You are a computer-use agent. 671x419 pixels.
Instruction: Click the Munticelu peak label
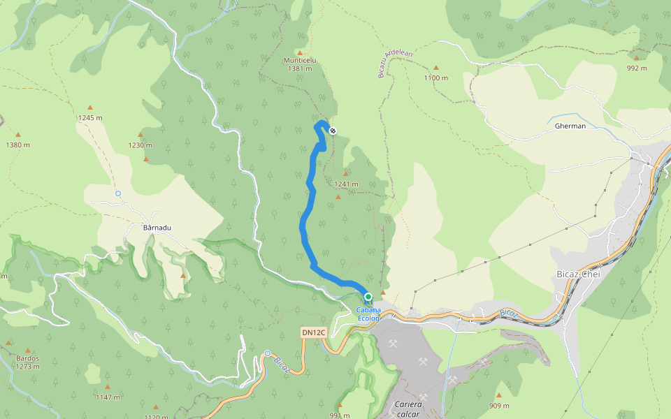tap(300, 60)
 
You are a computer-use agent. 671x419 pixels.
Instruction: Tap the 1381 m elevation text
tap(300, 68)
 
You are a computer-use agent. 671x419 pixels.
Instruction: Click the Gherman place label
tap(570, 127)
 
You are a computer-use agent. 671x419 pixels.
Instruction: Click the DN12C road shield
tap(314, 332)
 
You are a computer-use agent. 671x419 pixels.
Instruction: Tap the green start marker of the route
tap(368, 297)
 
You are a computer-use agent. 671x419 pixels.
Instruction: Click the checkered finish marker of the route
tap(333, 130)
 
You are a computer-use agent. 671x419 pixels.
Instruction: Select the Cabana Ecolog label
tap(368, 314)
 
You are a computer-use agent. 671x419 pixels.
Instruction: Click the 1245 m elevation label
tap(90, 117)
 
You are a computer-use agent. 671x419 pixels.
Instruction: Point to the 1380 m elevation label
tap(18, 145)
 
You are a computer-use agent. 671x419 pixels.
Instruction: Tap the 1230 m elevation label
tap(140, 145)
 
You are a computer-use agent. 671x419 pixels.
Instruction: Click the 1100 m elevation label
tap(435, 78)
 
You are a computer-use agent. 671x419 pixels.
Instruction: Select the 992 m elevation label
tap(636, 68)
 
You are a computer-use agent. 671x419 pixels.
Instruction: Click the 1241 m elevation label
tap(346, 184)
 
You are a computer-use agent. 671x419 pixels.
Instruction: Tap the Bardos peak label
tap(27, 358)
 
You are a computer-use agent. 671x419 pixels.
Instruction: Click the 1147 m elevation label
tap(108, 397)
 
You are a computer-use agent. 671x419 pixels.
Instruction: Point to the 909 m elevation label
tap(499, 406)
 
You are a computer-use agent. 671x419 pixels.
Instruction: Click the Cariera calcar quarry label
tap(409, 409)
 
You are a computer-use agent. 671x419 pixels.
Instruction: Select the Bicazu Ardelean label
tap(396, 64)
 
